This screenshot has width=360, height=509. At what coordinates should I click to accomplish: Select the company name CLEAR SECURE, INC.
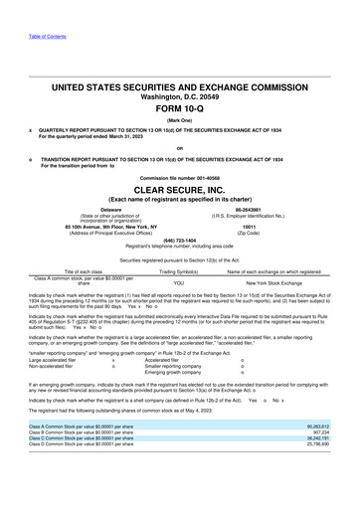pos(179,189)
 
